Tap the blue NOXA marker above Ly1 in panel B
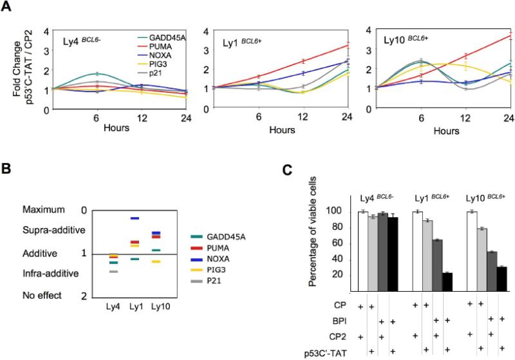(134, 218)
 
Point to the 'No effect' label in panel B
(41, 295)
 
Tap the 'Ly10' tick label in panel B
(155, 306)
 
